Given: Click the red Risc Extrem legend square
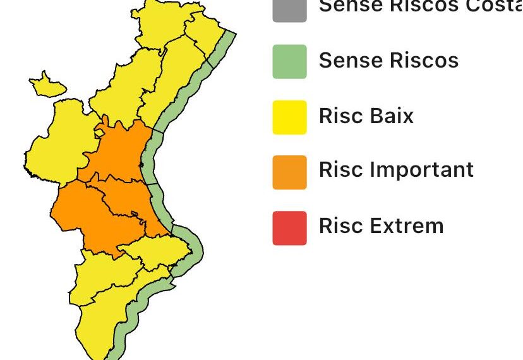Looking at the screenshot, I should click(x=289, y=228).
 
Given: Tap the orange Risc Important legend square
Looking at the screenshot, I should click(x=289, y=172).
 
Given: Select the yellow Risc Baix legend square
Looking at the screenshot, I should click(x=289, y=117).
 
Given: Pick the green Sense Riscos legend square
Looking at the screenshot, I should click(x=289, y=61).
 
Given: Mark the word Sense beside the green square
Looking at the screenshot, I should click(x=351, y=61).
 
